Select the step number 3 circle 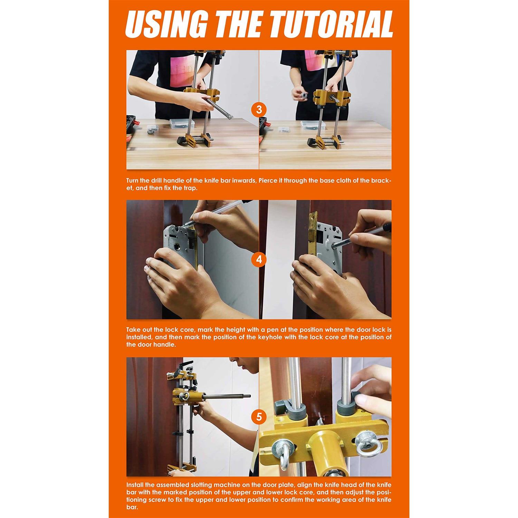[259, 110]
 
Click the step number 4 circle [259, 259]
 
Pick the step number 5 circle [259, 417]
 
